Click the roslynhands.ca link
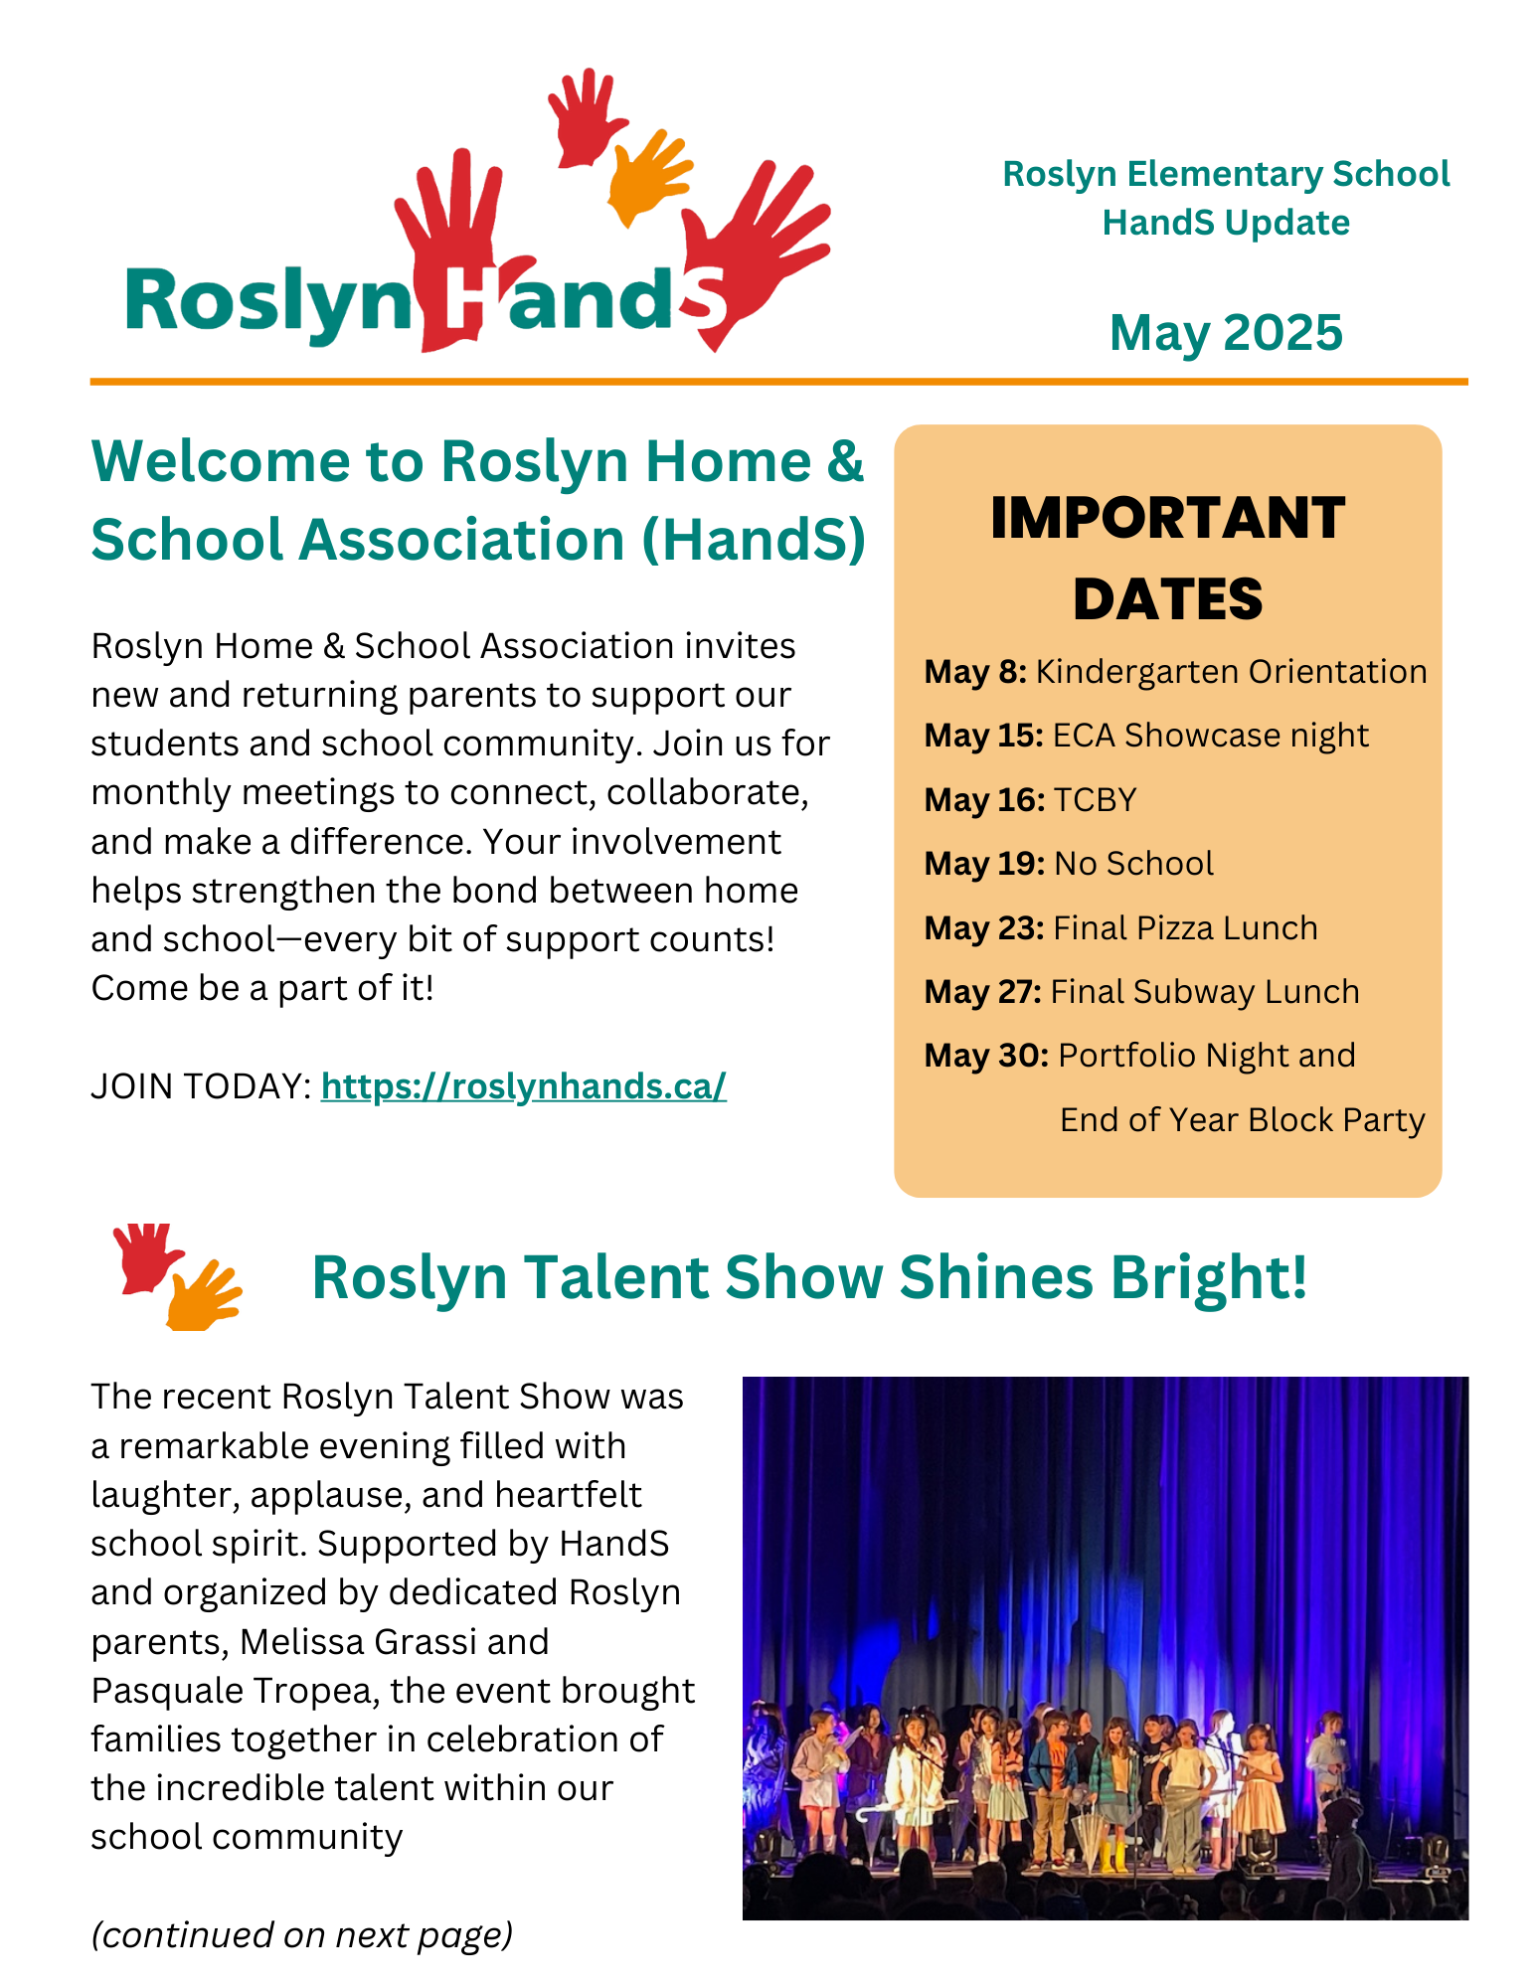click(x=523, y=1086)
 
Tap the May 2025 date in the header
click(x=1225, y=332)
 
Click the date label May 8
click(x=974, y=672)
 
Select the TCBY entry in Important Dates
click(x=1095, y=800)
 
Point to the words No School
click(x=1133, y=864)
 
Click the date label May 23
click(x=983, y=928)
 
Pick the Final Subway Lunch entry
click(x=1204, y=992)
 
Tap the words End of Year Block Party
click(x=1242, y=1120)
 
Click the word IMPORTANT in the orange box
click(x=1167, y=518)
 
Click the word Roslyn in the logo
click(x=266, y=302)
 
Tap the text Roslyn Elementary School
click(x=1225, y=174)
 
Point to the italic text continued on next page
click(x=301, y=1934)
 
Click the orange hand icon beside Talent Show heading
click(x=203, y=1297)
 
